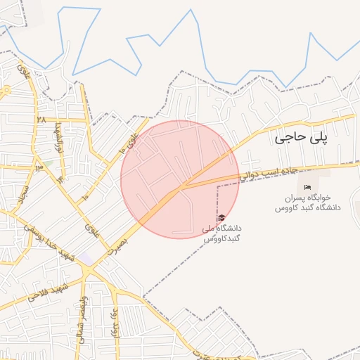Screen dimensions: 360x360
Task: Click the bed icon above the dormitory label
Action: point(306,187)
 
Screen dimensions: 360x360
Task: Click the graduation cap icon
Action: point(222,218)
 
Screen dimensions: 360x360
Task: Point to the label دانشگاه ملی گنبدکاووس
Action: point(221,233)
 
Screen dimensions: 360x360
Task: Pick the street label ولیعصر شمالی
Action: point(79,330)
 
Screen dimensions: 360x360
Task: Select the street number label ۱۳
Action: point(39,167)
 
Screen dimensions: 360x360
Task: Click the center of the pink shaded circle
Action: point(180,179)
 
